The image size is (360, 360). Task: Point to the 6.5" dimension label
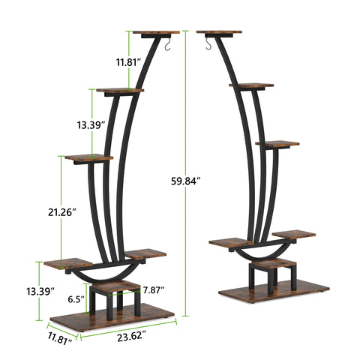click(x=74, y=298)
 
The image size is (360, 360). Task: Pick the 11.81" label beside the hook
click(x=119, y=62)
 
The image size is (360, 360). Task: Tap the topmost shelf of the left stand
click(x=157, y=32)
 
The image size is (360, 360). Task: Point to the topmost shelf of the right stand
click(x=220, y=32)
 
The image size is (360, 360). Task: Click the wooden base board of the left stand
click(x=112, y=315)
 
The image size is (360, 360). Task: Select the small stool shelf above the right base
click(x=273, y=263)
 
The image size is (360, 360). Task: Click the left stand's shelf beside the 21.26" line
click(x=88, y=157)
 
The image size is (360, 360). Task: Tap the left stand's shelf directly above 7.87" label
click(x=145, y=253)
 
